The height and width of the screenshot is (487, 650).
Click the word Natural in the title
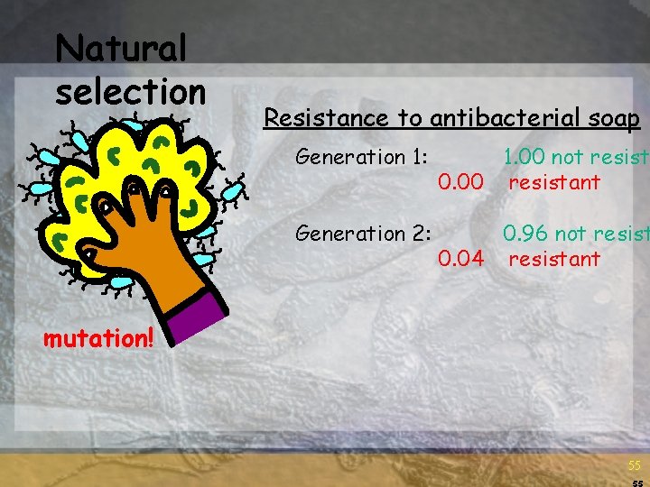tap(121, 49)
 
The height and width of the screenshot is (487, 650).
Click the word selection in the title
tap(131, 90)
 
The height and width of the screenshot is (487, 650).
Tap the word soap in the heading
tap(614, 118)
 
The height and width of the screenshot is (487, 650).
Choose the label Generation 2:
tap(362, 234)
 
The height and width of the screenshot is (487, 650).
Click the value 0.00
tap(460, 183)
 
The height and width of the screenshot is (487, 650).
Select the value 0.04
tap(460, 260)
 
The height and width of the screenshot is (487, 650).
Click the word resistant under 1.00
tap(553, 183)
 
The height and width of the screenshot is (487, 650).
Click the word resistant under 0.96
tap(553, 260)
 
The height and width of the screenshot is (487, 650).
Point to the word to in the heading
tap(416, 118)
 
